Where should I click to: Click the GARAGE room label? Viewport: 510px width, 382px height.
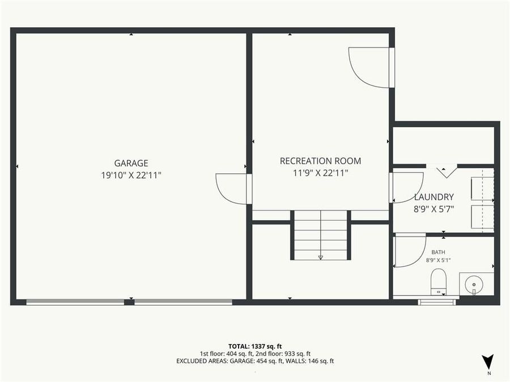(131, 163)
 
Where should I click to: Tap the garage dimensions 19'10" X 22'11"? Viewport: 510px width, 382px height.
(131, 175)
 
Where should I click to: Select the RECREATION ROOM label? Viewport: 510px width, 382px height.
(320, 161)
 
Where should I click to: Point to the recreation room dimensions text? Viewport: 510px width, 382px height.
(320, 173)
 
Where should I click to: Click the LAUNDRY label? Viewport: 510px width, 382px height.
(433, 197)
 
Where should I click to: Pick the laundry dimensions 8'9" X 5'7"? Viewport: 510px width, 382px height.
(433, 209)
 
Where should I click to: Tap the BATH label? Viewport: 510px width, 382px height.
(438, 252)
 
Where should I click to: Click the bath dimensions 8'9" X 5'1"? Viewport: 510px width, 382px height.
(438, 260)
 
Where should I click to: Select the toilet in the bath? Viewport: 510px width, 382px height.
(439, 282)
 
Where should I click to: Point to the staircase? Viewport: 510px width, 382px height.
(320, 235)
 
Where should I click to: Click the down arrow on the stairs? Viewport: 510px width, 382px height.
(320, 257)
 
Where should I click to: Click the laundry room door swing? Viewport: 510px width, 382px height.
(407, 187)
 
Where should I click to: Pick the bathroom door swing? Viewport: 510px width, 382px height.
(409, 250)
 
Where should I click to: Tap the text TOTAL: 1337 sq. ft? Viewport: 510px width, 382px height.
(255, 346)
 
